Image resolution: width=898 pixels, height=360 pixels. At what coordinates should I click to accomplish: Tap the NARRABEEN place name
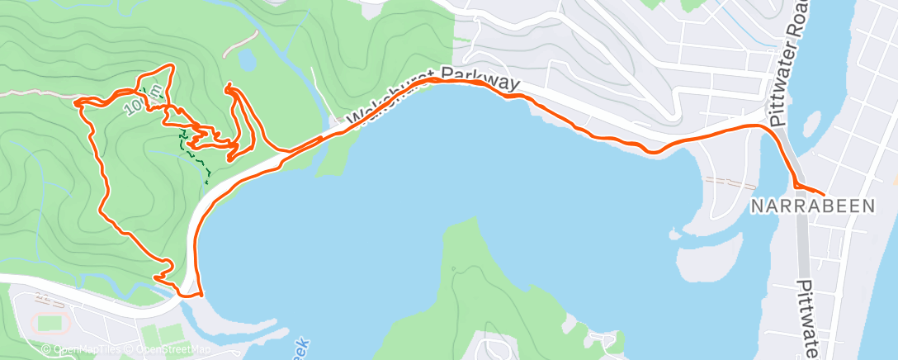[x=811, y=206]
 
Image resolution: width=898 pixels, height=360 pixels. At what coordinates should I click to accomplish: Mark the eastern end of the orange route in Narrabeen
[x=824, y=194]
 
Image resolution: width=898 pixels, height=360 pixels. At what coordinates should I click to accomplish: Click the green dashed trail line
[x=194, y=149]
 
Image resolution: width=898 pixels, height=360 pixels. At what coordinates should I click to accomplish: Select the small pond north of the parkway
[x=247, y=59]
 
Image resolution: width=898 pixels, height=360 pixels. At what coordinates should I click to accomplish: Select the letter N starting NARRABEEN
[x=756, y=206]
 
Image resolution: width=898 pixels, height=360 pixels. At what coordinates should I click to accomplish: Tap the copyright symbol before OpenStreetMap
[x=128, y=349]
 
